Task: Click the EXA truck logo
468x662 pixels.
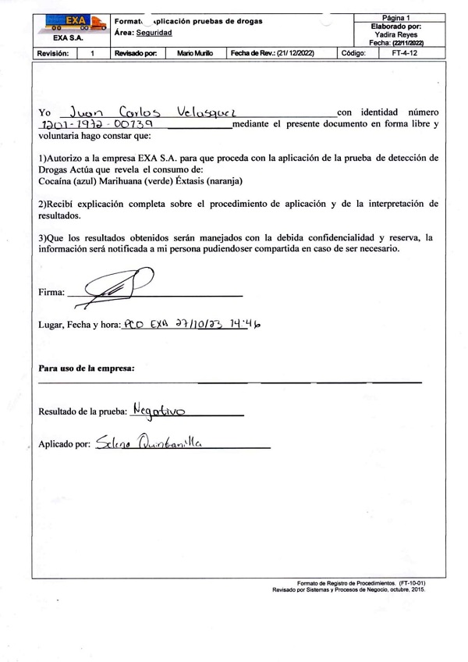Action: pyautogui.click(x=76, y=22)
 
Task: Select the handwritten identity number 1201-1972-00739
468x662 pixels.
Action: pyautogui.click(x=96, y=125)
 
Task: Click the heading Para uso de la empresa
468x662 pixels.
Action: pyautogui.click(x=87, y=367)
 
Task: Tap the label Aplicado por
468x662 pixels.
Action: pyautogui.click(x=65, y=444)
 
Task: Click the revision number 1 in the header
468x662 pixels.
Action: pyautogui.click(x=92, y=53)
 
